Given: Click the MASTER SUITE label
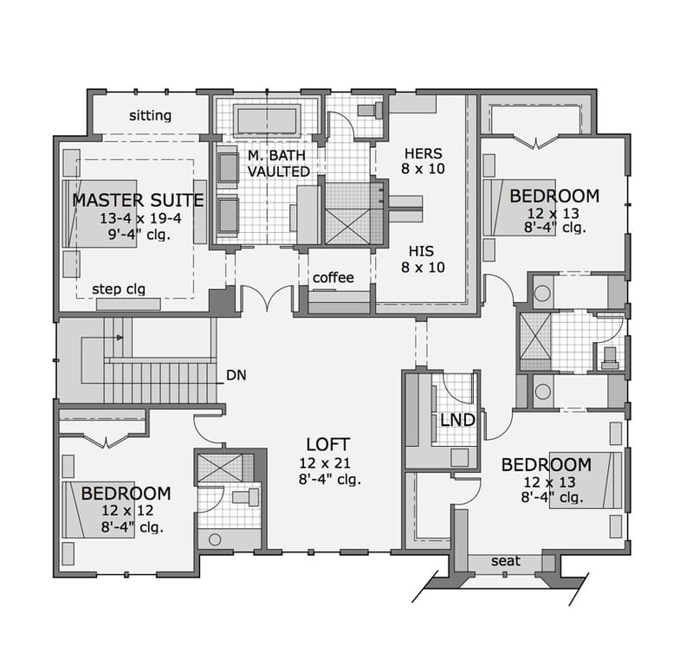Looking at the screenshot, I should pos(138,200).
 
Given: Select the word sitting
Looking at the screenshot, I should pos(151,115).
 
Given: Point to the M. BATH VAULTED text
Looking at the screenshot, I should pos(278,164).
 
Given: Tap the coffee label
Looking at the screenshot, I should pos(334,277).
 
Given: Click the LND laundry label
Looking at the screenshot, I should pos(457,420).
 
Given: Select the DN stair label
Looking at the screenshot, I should pos(236,375).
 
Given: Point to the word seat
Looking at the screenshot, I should pos(506,561).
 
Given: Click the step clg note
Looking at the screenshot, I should pos(119,288).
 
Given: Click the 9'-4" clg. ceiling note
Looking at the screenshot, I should pos(138,233).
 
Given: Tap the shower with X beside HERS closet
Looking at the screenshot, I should pos(347,212).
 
